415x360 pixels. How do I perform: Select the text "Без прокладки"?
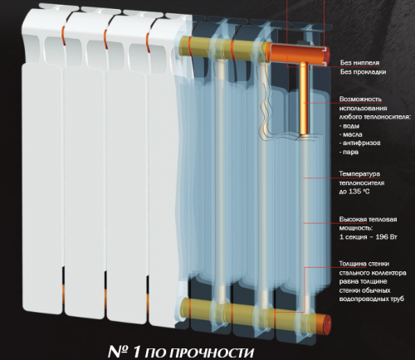coord(363,72)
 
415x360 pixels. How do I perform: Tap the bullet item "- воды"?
coord(349,126)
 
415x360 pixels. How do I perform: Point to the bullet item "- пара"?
coord(349,152)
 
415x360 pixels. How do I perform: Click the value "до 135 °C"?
coord(354,192)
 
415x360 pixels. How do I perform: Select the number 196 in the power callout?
coord(381,237)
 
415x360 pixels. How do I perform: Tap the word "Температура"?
coord(359,174)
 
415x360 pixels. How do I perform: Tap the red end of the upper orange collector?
coord(326,54)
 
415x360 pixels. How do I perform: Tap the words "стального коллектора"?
coord(373,273)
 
